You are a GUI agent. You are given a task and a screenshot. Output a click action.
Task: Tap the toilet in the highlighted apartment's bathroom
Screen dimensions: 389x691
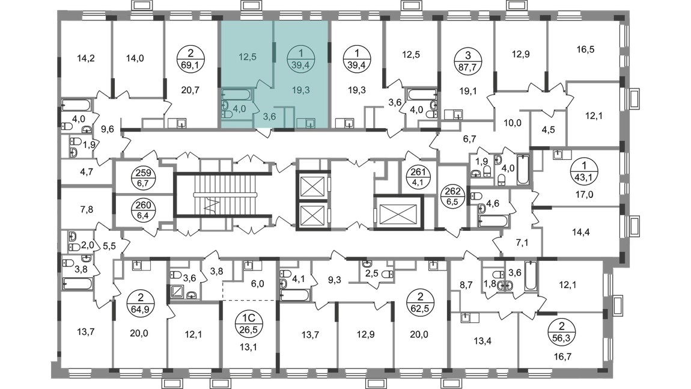225,110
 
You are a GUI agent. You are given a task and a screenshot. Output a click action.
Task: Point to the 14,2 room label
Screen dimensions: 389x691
86,59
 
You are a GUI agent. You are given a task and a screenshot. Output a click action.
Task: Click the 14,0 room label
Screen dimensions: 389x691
135,58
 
